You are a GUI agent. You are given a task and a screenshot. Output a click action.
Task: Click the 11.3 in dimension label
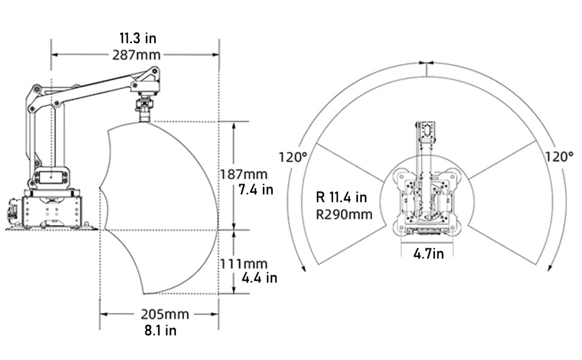click(x=138, y=38)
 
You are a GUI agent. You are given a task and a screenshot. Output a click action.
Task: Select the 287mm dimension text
click(x=136, y=55)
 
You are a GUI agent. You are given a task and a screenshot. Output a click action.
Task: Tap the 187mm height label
click(x=244, y=174)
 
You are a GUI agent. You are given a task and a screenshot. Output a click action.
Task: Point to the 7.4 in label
click(x=256, y=190)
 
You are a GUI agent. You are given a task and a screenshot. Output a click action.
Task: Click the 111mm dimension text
click(x=244, y=264)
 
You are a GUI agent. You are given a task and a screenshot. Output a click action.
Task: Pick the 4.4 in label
click(x=259, y=278)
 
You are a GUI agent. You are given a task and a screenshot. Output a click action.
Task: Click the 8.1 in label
click(x=160, y=331)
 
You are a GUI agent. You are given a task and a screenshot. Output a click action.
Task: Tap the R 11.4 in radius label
click(x=341, y=197)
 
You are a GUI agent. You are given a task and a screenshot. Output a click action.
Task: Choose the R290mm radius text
click(x=344, y=214)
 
